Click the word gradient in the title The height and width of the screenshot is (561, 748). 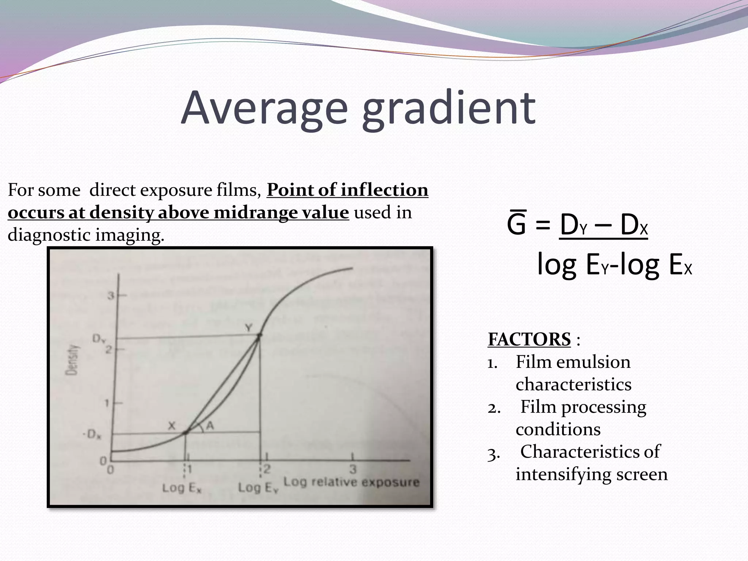[x=449, y=108]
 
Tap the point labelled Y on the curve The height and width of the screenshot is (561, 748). [x=259, y=335]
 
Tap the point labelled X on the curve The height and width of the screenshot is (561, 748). [x=185, y=433]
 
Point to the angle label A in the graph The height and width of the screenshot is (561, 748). [x=210, y=425]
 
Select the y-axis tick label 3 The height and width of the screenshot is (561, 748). [x=110, y=295]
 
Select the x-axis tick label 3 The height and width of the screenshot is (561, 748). [x=352, y=469]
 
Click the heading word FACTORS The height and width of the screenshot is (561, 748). [x=529, y=339]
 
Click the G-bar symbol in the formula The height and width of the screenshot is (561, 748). [x=516, y=225]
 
